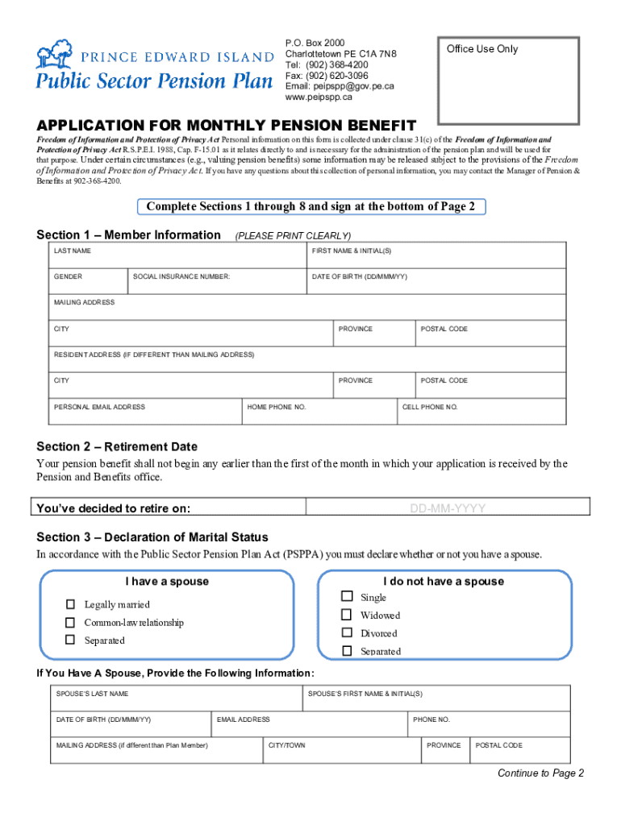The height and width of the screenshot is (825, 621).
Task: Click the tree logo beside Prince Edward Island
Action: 55,54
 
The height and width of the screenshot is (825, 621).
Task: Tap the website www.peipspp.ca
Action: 319,97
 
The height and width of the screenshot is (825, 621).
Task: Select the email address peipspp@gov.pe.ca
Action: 340,86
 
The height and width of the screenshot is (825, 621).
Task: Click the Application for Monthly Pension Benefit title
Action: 226,126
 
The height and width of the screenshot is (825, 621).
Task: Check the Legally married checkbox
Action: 70,604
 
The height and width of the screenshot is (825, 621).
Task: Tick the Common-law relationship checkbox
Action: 70,622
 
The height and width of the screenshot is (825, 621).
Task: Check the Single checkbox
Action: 347,597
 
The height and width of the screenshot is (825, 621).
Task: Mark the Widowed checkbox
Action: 347,615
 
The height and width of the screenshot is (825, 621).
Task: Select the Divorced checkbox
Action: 347,633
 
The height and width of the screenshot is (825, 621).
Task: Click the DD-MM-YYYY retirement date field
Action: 448,508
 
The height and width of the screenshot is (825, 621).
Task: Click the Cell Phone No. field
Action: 494,412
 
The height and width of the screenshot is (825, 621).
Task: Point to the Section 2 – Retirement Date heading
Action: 117,446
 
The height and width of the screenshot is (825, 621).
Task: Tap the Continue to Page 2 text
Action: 540,773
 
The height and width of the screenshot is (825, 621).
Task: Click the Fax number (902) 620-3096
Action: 327,76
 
